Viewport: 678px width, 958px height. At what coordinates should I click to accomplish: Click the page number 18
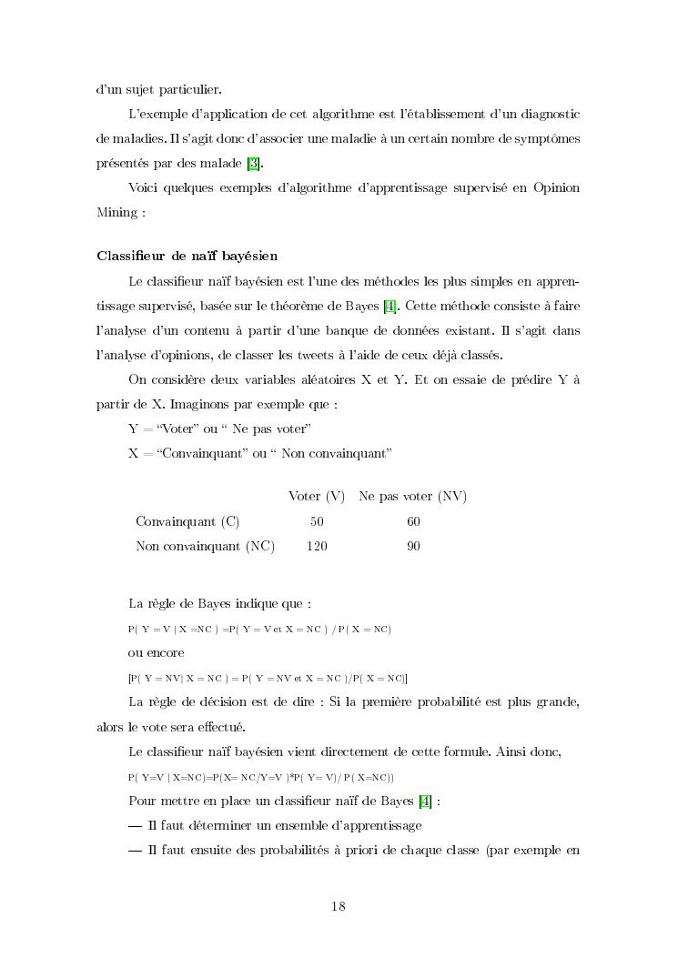point(339,906)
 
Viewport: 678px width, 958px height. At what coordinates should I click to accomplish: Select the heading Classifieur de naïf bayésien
point(187,256)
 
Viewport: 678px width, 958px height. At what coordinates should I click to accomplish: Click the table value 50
point(317,521)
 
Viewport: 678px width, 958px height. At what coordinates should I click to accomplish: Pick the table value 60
point(413,521)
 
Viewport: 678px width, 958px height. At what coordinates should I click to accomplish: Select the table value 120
point(317,546)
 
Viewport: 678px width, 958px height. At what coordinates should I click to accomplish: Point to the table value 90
point(413,546)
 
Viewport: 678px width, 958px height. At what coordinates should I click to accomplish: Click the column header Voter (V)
point(317,496)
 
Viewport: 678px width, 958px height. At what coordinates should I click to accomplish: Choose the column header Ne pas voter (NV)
point(412,496)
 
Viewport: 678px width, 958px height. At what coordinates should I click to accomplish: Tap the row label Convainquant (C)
point(187,521)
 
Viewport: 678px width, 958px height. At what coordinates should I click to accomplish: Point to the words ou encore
point(157,652)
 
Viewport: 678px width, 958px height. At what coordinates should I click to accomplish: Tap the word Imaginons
point(189,403)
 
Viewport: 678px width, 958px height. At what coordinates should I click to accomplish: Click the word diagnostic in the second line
point(545,114)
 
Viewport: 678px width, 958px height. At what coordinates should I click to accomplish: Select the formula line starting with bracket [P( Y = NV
point(268,679)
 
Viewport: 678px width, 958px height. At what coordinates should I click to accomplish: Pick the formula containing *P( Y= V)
point(260,777)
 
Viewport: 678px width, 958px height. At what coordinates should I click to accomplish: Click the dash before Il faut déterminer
point(135,826)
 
